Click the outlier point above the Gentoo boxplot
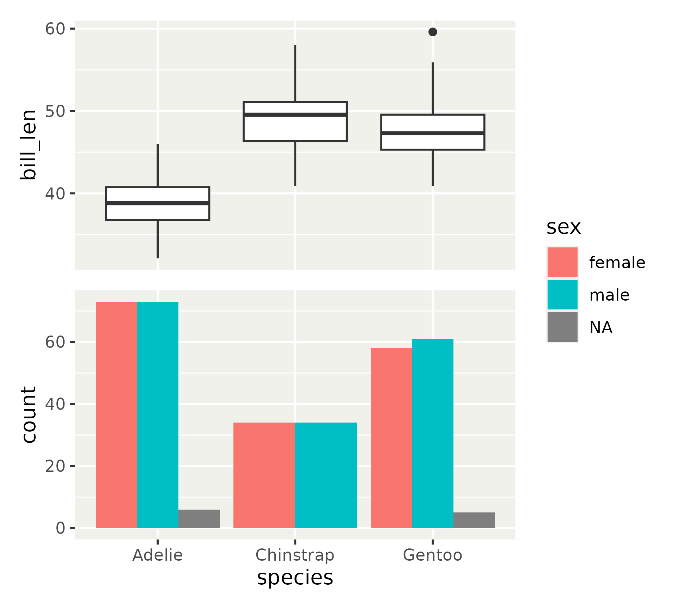[x=433, y=32]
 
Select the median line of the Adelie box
[x=158, y=203]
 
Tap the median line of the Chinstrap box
[x=295, y=115]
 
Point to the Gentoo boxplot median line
[x=433, y=133]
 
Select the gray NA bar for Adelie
[x=199, y=518]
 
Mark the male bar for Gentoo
[x=433, y=433]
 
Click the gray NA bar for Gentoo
[x=474, y=520]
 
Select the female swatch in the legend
[x=562, y=262]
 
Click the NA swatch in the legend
[x=562, y=327]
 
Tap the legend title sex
[x=563, y=227]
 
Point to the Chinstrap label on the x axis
[x=295, y=555]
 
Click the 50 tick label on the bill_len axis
[x=55, y=111]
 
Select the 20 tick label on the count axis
[x=55, y=466]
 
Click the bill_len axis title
[x=28, y=144]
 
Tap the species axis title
[x=295, y=578]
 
